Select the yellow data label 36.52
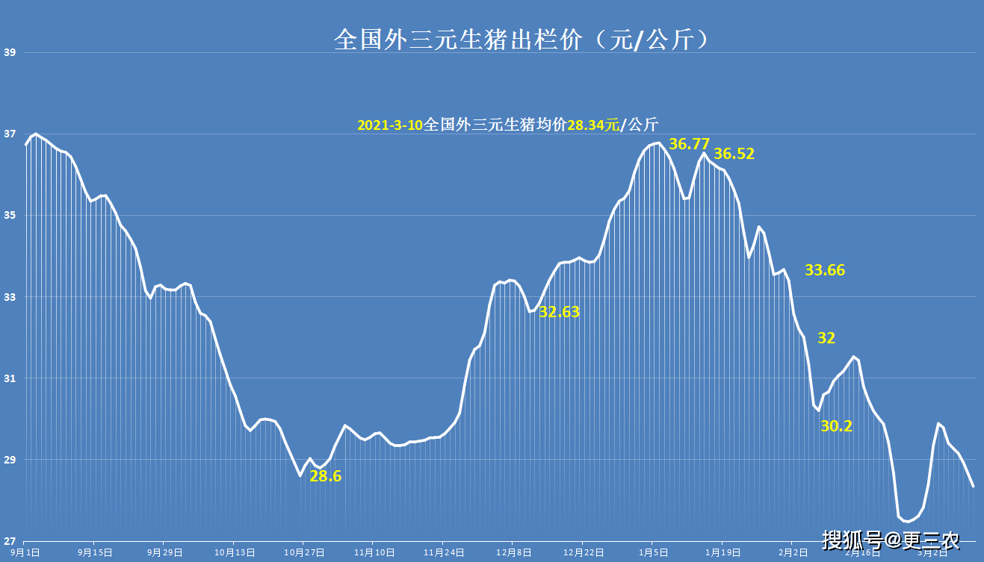click(x=734, y=154)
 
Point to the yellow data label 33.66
click(x=824, y=270)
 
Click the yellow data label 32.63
click(x=559, y=313)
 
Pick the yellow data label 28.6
click(x=325, y=476)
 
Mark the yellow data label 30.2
click(x=836, y=426)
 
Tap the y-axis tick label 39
click(x=10, y=53)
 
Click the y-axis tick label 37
click(x=10, y=134)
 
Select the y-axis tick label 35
click(x=10, y=216)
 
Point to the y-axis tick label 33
click(x=10, y=297)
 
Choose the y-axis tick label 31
click(x=10, y=378)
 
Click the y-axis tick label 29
click(x=10, y=460)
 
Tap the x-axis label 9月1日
click(x=25, y=552)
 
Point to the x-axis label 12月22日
click(x=582, y=552)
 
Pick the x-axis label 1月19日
click(x=722, y=552)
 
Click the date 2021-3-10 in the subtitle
click(x=389, y=125)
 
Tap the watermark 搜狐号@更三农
click(x=891, y=540)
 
